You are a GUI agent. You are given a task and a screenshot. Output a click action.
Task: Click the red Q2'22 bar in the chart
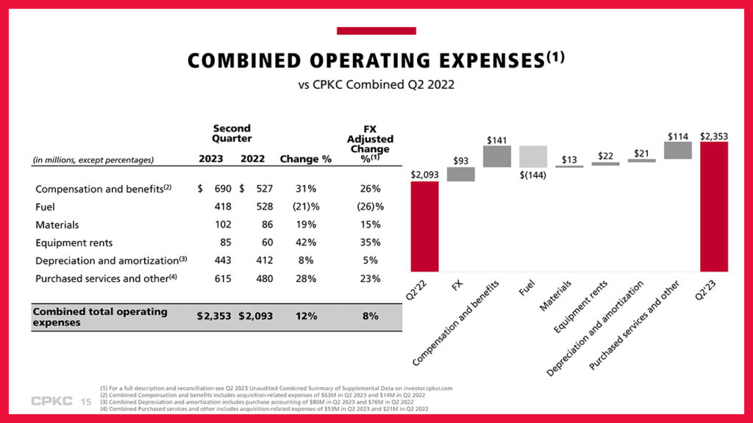point(424,226)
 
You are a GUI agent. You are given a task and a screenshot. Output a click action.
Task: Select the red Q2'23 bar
point(713,206)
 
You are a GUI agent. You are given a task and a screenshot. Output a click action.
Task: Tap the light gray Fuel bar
point(533,156)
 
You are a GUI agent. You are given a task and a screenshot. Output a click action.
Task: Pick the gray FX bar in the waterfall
point(461,174)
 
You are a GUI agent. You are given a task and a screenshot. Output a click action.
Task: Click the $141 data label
point(497,140)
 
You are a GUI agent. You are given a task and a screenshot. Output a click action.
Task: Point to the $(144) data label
point(533,175)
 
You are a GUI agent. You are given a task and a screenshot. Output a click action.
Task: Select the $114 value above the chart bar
point(677,136)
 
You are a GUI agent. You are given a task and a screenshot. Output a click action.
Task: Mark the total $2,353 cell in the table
point(214,316)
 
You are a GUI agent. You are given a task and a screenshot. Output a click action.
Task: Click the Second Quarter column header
point(232,133)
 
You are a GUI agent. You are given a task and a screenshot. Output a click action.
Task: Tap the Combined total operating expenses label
point(100,317)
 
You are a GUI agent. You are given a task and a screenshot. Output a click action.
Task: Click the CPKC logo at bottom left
point(52,402)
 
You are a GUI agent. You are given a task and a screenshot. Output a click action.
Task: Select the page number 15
point(85,402)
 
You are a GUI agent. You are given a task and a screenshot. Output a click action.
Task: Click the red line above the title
point(376,31)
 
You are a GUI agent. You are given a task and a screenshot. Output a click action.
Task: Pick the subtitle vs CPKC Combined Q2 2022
point(376,84)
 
